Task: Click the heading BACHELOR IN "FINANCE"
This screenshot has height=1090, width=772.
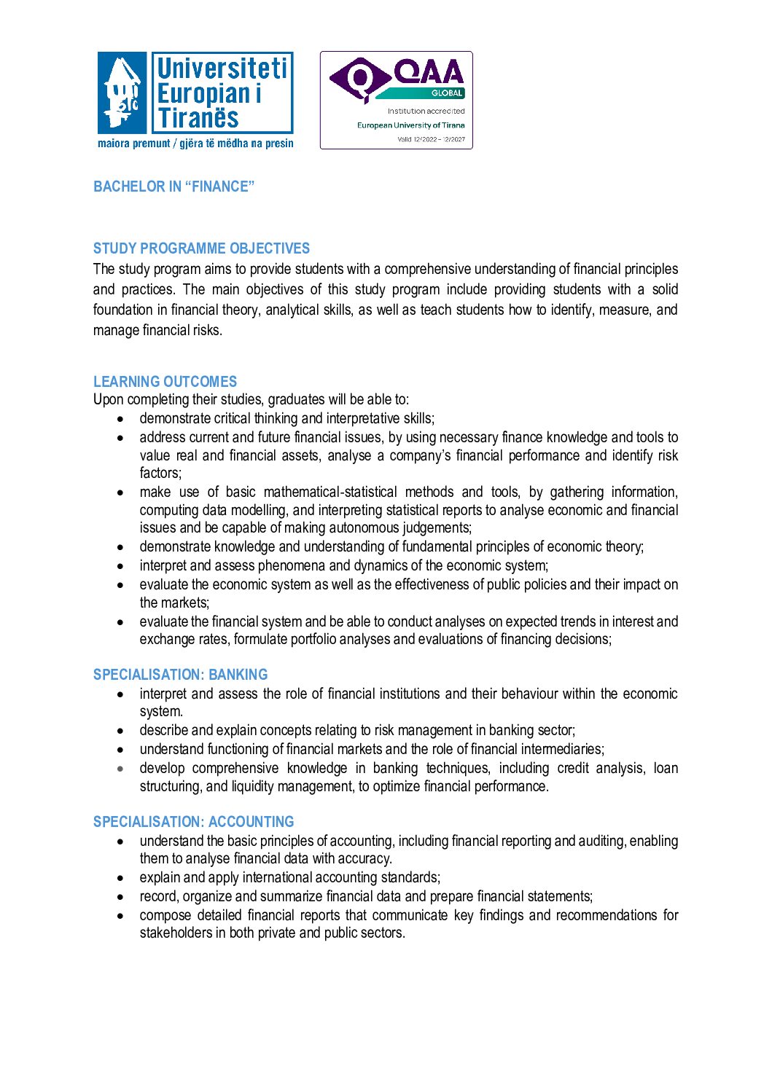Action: [173, 187]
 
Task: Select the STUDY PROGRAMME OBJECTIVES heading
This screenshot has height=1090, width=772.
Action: [201, 248]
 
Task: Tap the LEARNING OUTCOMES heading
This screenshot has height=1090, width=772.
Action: [165, 382]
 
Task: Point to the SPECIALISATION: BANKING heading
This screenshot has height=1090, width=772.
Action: [180, 675]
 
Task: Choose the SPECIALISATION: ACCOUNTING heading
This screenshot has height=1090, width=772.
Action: [193, 822]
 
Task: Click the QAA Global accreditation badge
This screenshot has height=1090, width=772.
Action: [396, 100]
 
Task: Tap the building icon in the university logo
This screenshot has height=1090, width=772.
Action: [122, 93]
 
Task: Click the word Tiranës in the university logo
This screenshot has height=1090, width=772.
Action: [198, 118]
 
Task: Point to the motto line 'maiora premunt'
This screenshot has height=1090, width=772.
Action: [133, 144]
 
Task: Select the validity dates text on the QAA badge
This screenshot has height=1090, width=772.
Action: [431, 139]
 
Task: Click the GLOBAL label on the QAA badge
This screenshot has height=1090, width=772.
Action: [446, 93]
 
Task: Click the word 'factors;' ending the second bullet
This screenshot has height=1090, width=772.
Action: [160, 474]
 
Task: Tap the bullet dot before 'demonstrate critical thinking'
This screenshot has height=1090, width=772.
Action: [120, 419]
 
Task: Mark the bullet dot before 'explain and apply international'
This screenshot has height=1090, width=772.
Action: [120, 878]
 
